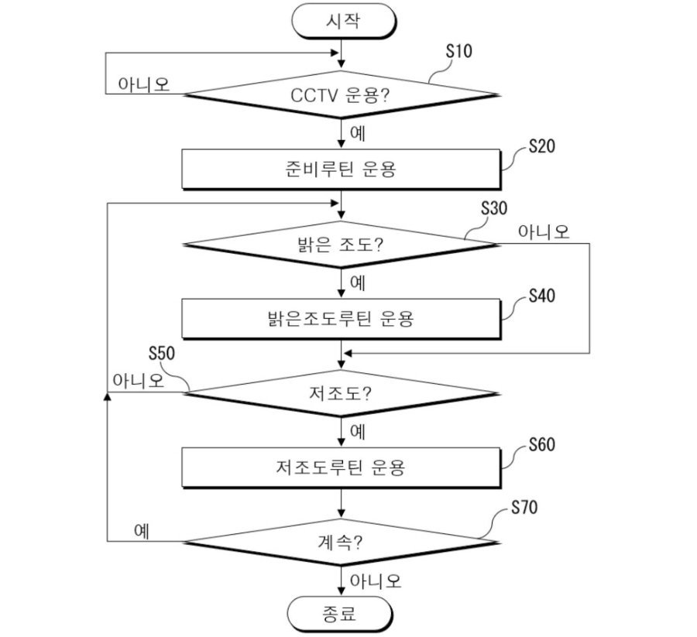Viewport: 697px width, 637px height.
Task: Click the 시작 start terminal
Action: point(343,21)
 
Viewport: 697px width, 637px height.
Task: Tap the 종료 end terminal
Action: point(340,614)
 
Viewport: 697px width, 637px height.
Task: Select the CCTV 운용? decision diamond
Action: point(341,94)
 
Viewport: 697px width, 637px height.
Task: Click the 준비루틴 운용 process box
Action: point(341,170)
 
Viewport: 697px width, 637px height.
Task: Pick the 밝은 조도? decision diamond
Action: point(341,245)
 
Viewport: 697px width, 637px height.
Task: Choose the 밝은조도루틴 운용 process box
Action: point(341,319)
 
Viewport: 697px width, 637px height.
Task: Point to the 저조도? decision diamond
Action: point(341,393)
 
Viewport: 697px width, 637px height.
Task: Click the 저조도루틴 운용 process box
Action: point(341,467)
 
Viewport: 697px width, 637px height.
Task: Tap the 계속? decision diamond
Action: point(341,542)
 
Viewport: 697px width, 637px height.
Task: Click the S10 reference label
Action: point(459,51)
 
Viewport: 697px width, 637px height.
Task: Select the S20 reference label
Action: point(542,146)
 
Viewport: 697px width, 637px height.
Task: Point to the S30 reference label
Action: point(494,208)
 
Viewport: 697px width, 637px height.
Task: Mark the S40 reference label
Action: point(542,296)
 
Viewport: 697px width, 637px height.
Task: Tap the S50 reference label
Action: point(162,353)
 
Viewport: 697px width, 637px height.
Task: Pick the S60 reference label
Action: point(542,444)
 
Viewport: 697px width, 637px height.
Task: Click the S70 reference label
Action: point(524,507)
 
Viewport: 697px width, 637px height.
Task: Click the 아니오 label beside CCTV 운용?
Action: point(143,84)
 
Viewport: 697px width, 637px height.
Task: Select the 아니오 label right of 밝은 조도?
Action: point(544,231)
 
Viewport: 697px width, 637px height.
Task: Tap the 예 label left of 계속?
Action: point(142,530)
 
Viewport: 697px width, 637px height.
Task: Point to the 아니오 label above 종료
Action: point(376,580)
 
